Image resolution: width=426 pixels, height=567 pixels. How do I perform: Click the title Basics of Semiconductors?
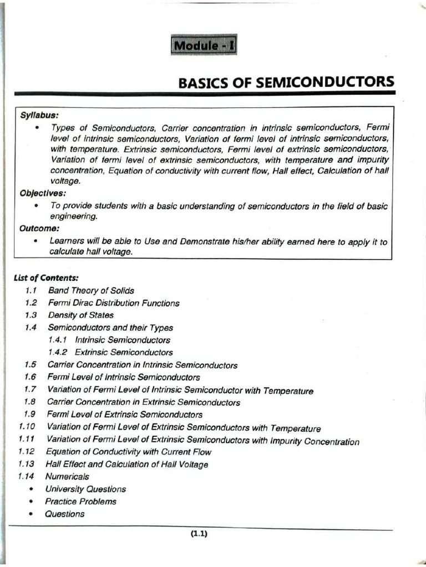tap(286, 83)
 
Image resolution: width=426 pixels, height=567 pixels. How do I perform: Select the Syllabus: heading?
tap(39, 115)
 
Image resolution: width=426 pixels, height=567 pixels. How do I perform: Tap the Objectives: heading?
tap(43, 193)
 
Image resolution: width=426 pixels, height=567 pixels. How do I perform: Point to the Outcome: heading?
tap(39, 228)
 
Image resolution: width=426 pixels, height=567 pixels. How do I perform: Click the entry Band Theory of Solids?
tap(91, 290)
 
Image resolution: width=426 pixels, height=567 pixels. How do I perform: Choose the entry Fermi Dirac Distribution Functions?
tap(114, 303)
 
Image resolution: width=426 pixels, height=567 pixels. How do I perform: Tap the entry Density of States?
tap(80, 315)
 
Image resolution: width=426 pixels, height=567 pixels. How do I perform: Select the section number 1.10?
tap(27, 427)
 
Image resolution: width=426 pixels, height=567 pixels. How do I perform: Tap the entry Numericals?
tap(67, 476)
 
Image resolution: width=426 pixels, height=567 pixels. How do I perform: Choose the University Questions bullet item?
tap(85, 489)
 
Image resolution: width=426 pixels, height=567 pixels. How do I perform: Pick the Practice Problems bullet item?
tap(81, 501)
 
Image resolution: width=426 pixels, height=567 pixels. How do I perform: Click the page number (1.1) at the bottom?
tap(199, 534)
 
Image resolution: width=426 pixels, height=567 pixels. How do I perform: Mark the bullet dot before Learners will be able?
tap(36, 241)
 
